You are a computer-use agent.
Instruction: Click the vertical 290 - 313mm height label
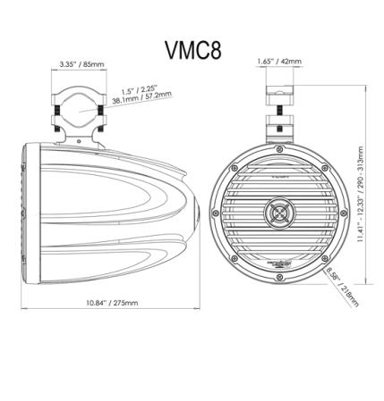(359, 194)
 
